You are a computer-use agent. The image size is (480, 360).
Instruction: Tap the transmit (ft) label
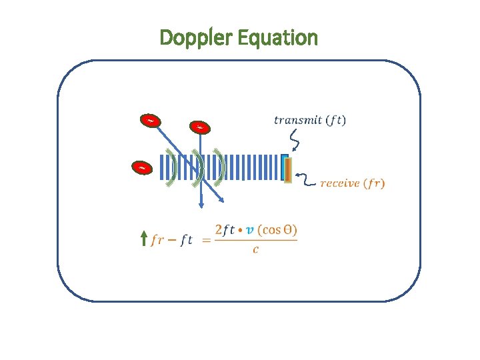click(x=310, y=120)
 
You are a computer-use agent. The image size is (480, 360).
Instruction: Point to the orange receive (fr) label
click(x=352, y=183)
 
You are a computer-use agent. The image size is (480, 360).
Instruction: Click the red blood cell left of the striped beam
click(x=142, y=168)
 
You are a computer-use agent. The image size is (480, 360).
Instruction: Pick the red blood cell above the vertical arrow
click(x=199, y=127)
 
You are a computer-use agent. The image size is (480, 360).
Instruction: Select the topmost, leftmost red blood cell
click(x=151, y=121)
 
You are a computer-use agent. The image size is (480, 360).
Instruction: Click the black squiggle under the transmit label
click(x=294, y=140)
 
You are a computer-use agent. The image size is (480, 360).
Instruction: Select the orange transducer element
click(x=288, y=169)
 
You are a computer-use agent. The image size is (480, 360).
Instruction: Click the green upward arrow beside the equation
click(x=144, y=239)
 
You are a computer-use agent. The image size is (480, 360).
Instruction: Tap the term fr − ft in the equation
click(x=171, y=240)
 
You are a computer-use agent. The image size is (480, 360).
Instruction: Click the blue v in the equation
click(x=249, y=230)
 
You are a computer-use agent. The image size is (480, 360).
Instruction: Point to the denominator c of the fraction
click(x=255, y=251)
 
